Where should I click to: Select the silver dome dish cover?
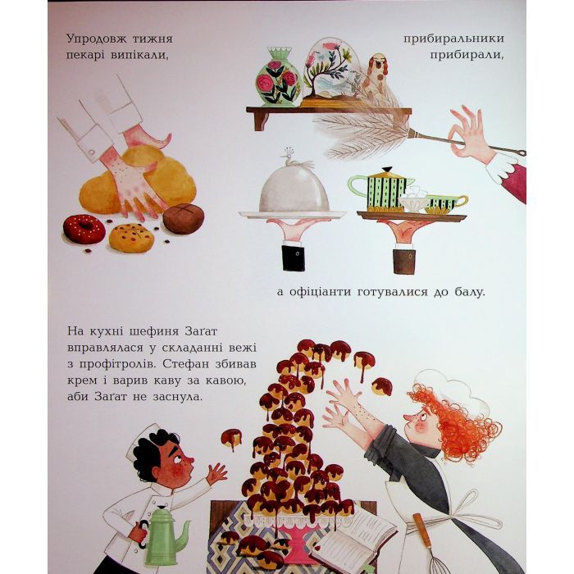tap(294, 190)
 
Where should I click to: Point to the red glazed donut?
tap(84, 229)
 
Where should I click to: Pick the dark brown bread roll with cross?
tap(184, 219)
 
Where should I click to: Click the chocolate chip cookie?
tap(131, 238)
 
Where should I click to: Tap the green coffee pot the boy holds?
tap(164, 531)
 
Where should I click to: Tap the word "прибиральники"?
tap(453, 39)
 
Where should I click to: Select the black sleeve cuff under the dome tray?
tap(294, 258)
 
